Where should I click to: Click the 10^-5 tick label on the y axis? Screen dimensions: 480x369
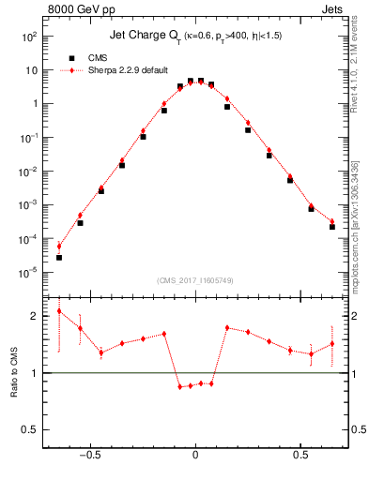click(x=30, y=273)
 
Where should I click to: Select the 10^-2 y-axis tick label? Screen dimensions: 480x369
click(x=30, y=172)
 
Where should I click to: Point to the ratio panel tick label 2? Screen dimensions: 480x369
click(x=34, y=317)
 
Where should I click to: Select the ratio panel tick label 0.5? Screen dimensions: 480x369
click(x=30, y=430)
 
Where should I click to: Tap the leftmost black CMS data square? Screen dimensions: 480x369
click(x=59, y=258)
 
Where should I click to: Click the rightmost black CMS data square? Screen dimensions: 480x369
click(x=332, y=227)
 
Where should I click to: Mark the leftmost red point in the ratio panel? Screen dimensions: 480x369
click(x=59, y=311)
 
